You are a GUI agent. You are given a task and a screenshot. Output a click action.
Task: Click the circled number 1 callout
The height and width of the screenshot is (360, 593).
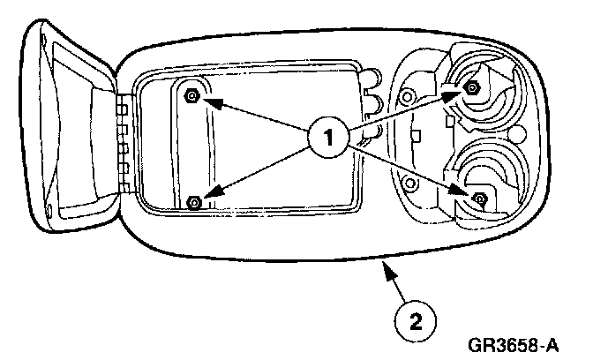(328, 139)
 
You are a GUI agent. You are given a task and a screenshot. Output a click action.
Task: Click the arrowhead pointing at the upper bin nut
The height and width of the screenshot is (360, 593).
(206, 100)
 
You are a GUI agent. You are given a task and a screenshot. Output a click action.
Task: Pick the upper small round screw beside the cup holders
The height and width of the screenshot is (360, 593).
(407, 94)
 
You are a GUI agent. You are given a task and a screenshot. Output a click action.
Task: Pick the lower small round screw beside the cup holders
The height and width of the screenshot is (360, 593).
(409, 184)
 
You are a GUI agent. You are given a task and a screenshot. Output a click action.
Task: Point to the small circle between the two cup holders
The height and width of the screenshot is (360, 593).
(520, 133)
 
